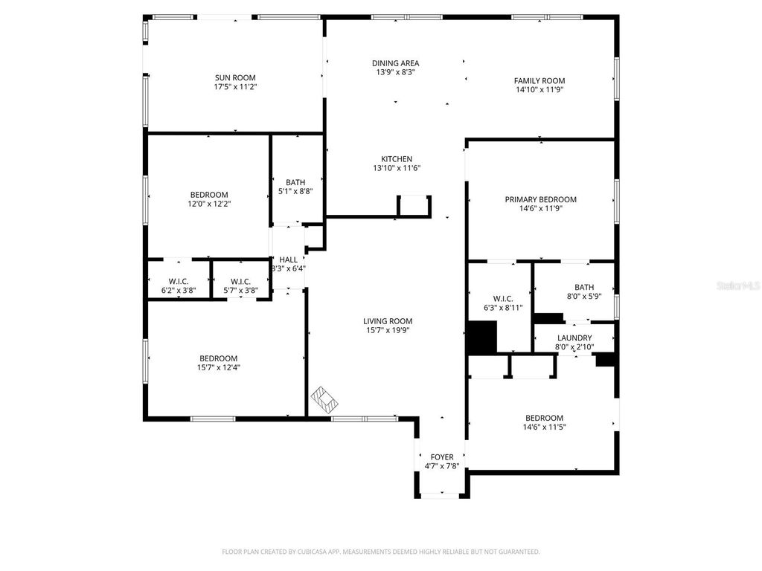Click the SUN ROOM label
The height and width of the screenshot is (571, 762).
(235, 77)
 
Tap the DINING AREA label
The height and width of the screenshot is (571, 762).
(396, 63)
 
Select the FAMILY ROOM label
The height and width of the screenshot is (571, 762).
(540, 80)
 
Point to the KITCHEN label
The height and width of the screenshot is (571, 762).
(397, 159)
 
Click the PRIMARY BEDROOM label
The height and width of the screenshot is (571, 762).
(541, 199)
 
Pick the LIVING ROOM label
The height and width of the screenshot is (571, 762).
(388, 321)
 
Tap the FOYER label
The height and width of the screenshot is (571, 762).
(442, 457)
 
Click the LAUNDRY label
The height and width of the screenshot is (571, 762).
(574, 338)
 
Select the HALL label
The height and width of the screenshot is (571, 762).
(288, 259)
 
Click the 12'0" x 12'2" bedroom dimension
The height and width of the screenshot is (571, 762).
(209, 204)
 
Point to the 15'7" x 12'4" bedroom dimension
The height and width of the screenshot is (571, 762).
(219, 367)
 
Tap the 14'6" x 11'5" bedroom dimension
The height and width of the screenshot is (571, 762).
(544, 428)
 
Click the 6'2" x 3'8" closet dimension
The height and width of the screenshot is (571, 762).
(179, 291)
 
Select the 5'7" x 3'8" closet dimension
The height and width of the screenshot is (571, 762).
(240, 291)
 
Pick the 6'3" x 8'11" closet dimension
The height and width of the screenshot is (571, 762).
(503, 307)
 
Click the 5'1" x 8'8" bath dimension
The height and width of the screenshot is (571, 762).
(295, 191)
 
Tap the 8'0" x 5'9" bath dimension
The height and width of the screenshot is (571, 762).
(584, 296)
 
